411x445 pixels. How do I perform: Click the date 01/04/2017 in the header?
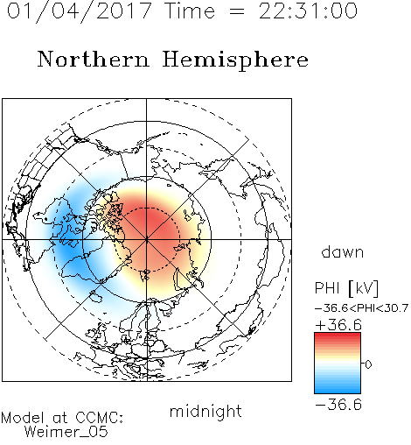(79, 11)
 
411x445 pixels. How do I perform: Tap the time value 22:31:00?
(308, 11)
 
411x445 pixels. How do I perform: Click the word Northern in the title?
(94, 59)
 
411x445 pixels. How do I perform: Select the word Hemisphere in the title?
(235, 60)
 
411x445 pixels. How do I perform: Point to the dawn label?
(343, 252)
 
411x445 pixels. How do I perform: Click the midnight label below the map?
(205, 412)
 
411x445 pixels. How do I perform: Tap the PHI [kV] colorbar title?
(346, 288)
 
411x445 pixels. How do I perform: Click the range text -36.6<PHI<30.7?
(362, 308)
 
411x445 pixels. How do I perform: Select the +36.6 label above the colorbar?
(338, 325)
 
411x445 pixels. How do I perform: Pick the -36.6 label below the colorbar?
(338, 405)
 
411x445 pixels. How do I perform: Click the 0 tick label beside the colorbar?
(368, 364)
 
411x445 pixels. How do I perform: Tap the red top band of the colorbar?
(338, 336)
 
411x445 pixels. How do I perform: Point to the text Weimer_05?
(66, 432)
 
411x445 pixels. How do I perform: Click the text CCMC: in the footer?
(99, 418)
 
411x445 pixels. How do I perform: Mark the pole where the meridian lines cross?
(147, 239)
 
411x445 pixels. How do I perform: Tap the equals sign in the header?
(237, 11)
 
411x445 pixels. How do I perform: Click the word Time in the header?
(190, 11)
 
